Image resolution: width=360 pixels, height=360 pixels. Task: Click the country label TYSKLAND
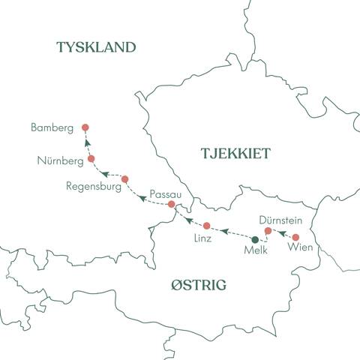click(x=96, y=48)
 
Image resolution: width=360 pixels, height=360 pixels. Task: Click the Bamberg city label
click(x=52, y=127)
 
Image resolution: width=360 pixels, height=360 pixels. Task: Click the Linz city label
click(x=202, y=238)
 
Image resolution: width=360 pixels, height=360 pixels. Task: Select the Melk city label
click(x=256, y=252)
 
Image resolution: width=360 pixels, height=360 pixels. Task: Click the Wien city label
click(x=300, y=247)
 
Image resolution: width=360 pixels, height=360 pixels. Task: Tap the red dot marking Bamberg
click(x=85, y=127)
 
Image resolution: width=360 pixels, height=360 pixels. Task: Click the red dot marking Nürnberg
click(x=91, y=159)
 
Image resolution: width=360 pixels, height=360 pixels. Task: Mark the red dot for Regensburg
click(x=125, y=179)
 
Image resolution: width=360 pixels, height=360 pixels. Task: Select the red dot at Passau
click(x=171, y=204)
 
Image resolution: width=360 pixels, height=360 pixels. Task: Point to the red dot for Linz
click(x=206, y=226)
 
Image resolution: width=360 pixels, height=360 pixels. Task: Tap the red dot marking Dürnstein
click(x=268, y=231)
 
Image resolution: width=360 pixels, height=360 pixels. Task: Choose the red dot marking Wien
click(x=295, y=237)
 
